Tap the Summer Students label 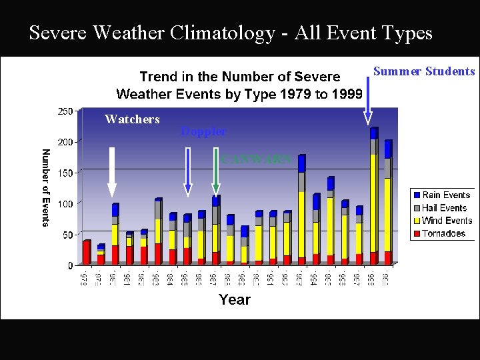[424, 71]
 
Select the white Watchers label [132, 119]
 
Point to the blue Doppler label [203, 132]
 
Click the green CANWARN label [257, 159]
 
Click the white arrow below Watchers [112, 173]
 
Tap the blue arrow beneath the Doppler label [189, 172]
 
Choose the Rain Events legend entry [446, 195]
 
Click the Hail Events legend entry [444, 208]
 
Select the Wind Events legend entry [447, 221]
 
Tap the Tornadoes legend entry [443, 233]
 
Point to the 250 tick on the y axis [65, 111]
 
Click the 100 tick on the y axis [65, 203]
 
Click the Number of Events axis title [45, 187]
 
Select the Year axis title [235, 300]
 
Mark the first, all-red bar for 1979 [86, 252]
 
